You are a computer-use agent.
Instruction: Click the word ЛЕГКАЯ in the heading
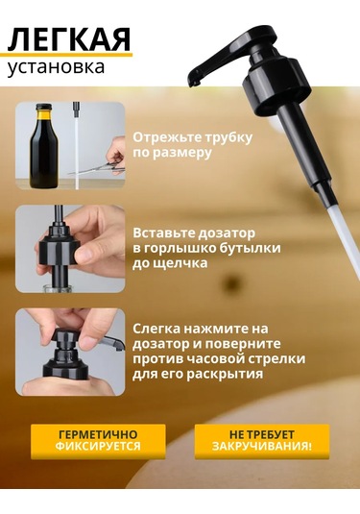tap(69, 39)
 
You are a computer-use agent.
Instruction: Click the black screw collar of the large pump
tap(276, 86)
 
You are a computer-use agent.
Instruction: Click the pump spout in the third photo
tap(113, 342)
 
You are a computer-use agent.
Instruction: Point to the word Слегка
tap(156, 329)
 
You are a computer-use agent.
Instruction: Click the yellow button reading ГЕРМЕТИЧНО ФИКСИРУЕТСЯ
tap(98, 441)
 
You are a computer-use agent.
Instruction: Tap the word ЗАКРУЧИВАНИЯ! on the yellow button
tap(262, 447)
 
